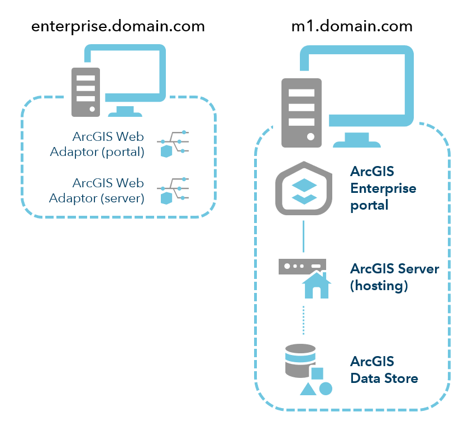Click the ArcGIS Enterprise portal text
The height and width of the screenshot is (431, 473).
click(x=383, y=188)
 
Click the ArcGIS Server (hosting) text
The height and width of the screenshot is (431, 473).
click(x=394, y=277)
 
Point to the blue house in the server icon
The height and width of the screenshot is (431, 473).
click(x=316, y=286)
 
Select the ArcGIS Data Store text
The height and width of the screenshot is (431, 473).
click(x=384, y=369)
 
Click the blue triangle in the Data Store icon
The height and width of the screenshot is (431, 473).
click(x=307, y=389)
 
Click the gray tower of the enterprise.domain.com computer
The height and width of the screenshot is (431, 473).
click(x=85, y=92)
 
